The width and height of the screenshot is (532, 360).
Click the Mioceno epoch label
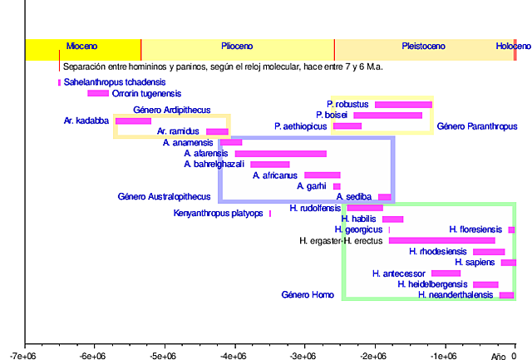coord(82,47)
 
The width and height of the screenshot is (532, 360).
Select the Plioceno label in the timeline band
coord(237,47)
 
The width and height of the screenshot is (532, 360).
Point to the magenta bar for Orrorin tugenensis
coord(98,93)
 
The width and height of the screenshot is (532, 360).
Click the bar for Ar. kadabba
coord(133,121)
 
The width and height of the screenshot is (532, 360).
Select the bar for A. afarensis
coord(281,154)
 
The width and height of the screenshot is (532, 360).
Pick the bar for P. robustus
coord(403,105)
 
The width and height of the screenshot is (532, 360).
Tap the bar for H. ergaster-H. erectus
coord(441,241)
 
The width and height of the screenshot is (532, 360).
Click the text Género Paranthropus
coord(477,126)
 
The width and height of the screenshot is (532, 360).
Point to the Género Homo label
coord(308,294)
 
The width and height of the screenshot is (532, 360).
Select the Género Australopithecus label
coord(164,197)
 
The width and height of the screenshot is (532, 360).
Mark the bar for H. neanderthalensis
coord(506,295)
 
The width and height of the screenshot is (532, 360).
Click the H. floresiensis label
coord(475,229)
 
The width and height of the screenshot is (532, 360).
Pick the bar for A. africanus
coord(322,175)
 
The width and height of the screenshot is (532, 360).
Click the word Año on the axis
coord(498,355)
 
